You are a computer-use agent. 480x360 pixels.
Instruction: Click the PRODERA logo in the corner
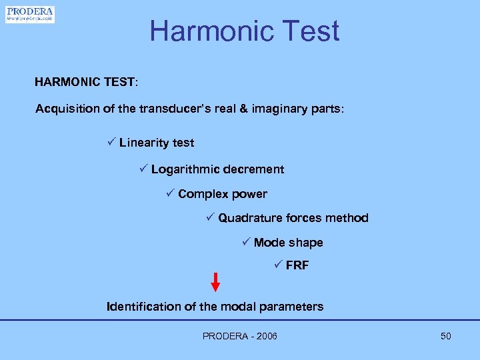[30, 14]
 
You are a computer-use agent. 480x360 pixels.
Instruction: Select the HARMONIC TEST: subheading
[87, 83]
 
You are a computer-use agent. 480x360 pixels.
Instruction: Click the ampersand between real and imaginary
[244, 109]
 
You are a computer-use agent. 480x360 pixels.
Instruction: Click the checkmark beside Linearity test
[111, 142]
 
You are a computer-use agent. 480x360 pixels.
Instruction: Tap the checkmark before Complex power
[169, 194]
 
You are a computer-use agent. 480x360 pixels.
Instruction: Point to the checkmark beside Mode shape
[245, 242]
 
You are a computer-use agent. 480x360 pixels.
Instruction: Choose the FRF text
[297, 265]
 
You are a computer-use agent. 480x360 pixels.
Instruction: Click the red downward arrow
[215, 281]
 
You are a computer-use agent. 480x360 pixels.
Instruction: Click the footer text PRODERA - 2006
[240, 336]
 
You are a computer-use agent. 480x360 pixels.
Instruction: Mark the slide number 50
[446, 336]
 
